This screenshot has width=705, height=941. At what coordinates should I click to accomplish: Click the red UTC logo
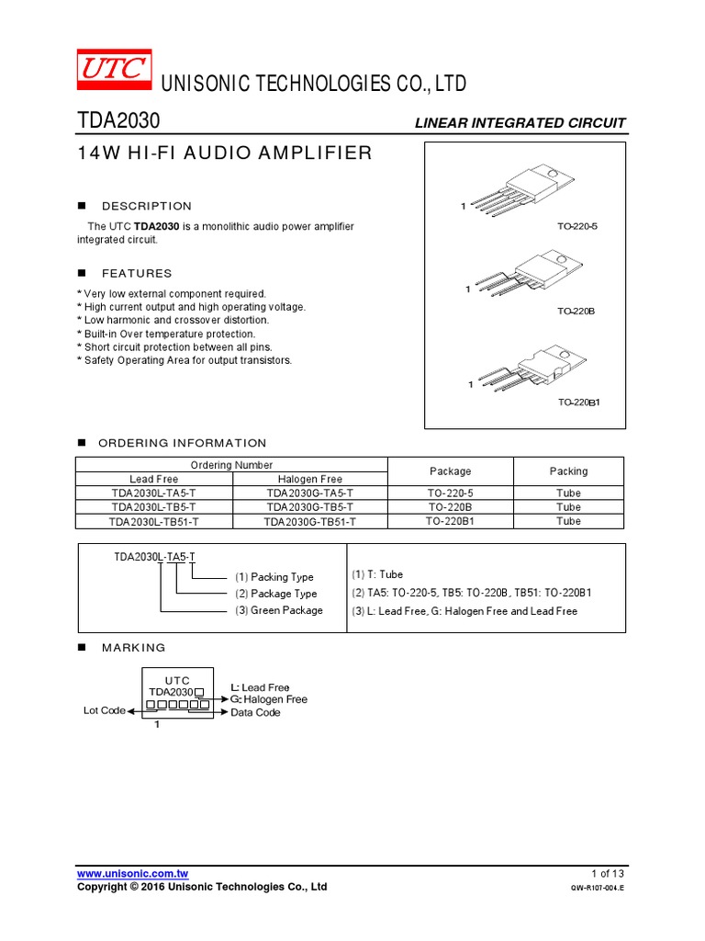[114, 69]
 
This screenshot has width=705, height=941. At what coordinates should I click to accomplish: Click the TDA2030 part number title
[118, 121]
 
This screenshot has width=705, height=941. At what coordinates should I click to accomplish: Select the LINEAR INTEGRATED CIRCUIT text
[520, 122]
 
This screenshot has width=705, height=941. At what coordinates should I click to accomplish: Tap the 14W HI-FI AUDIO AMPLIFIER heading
[225, 153]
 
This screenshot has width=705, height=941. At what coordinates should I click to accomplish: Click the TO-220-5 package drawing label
[576, 225]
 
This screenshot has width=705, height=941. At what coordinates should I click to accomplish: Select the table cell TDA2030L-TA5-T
[153, 493]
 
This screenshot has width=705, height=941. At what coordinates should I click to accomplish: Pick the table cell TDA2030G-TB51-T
[309, 521]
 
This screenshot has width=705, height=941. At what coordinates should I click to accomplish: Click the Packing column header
[568, 471]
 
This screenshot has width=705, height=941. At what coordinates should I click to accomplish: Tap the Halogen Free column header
[309, 479]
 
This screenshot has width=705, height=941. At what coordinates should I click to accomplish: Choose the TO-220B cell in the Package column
[450, 507]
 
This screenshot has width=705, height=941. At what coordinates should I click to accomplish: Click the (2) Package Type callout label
[275, 594]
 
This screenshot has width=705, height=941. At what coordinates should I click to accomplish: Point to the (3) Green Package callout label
[278, 610]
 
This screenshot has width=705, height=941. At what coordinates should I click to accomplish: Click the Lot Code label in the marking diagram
[104, 710]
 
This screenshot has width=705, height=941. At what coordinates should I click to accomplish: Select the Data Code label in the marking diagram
[255, 712]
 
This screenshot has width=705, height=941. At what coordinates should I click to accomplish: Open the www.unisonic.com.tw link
[132, 873]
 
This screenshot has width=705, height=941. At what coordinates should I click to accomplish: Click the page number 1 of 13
[608, 873]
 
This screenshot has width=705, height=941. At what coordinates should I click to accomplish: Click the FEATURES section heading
[137, 273]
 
